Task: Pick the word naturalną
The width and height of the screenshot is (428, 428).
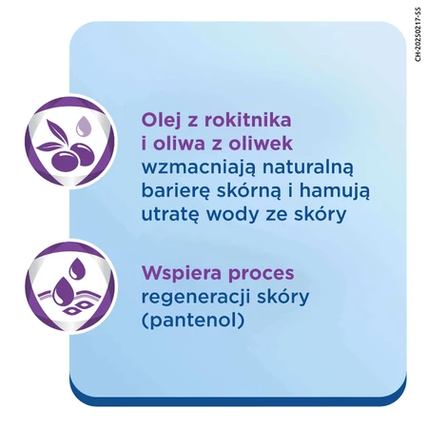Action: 307,167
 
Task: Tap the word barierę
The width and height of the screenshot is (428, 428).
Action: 175,191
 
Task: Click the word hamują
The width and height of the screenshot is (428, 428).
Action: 335,191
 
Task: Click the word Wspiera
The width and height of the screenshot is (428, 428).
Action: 182,273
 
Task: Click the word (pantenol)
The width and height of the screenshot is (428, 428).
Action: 193,321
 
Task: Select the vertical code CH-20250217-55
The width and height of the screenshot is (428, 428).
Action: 418,34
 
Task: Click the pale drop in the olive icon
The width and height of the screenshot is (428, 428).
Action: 83,126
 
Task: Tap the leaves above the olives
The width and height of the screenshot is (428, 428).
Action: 54,137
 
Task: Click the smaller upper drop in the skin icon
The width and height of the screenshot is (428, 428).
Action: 76,268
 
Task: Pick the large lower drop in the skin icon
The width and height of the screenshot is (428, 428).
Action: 64,290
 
